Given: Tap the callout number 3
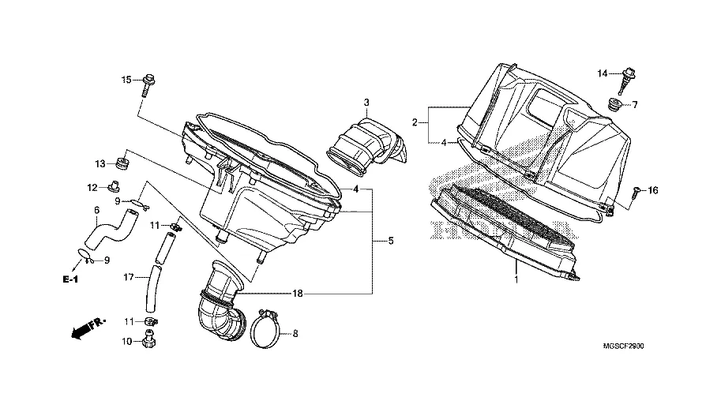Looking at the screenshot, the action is [x=366, y=103].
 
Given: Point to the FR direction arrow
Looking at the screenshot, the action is [x=88, y=328].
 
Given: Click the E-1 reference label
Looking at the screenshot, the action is [x=70, y=279].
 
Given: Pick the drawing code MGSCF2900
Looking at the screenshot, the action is [x=623, y=346].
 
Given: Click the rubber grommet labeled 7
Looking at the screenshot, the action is [x=614, y=105].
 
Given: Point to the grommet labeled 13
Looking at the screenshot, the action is [x=122, y=163].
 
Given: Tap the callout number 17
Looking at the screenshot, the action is [x=129, y=277].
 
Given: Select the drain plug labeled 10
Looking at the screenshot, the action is [x=148, y=339].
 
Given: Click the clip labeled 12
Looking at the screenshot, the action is [x=113, y=186].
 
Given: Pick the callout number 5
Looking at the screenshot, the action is [x=391, y=241].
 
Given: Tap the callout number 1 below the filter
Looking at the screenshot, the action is [x=516, y=279].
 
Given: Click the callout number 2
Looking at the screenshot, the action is [x=415, y=122].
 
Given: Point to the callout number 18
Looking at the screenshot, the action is [x=298, y=294].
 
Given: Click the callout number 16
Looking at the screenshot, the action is [x=653, y=190].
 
